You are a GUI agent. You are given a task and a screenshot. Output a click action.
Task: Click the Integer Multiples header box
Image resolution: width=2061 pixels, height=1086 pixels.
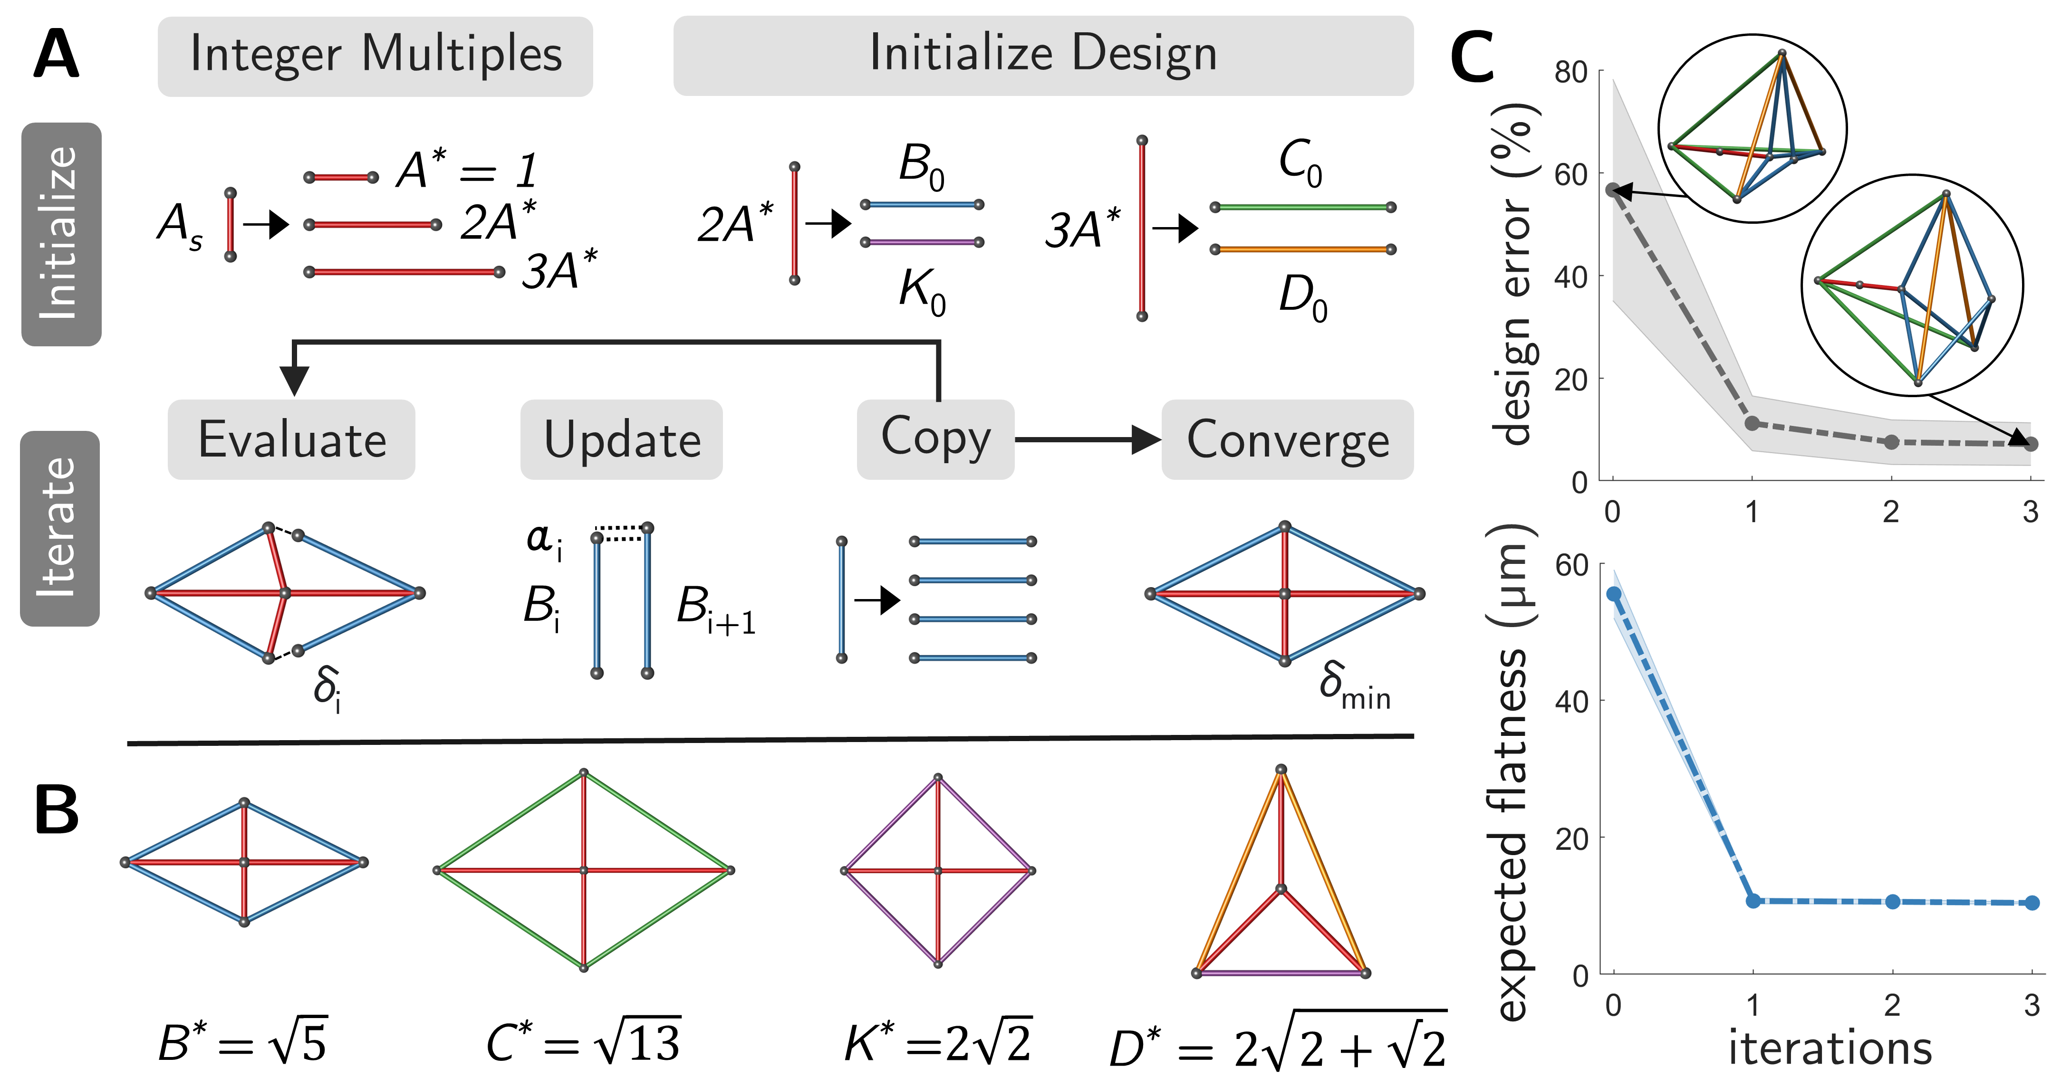click(375, 56)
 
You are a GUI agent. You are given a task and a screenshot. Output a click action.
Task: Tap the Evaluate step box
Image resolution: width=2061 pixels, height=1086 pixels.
click(291, 440)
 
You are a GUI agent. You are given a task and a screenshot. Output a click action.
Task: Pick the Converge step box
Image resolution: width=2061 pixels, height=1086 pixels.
click(1287, 440)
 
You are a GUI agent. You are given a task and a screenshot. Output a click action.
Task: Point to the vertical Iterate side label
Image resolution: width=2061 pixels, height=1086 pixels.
click(60, 528)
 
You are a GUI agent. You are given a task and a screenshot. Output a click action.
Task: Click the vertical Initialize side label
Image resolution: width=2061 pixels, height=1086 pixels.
click(61, 234)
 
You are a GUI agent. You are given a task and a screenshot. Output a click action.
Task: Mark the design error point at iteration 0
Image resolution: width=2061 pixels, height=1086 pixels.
click(1613, 190)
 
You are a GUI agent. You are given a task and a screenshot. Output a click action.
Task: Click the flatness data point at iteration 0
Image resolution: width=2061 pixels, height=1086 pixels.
click(1614, 594)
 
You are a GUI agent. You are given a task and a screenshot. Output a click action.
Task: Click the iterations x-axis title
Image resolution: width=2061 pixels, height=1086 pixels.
click(1830, 1048)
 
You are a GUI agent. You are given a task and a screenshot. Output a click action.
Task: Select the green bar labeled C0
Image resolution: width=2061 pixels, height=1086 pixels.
click(1302, 207)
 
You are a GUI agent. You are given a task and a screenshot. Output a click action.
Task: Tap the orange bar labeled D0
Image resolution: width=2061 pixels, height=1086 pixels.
click(1302, 249)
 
